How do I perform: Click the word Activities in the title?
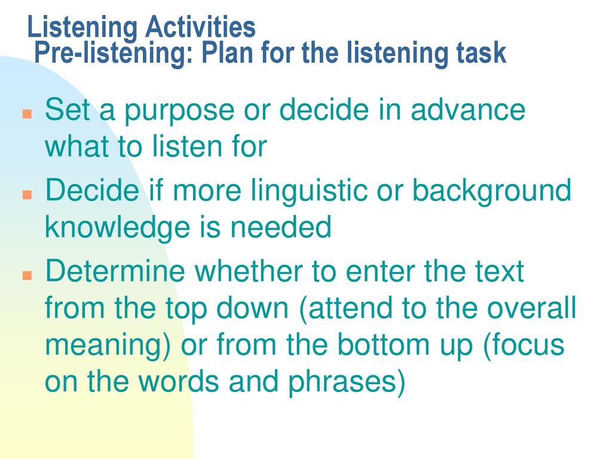tap(200, 27)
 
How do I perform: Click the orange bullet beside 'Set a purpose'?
tap(27, 114)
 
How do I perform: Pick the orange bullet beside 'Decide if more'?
tap(27, 194)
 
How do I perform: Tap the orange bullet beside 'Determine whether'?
tap(27, 275)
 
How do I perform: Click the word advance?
tap(468, 110)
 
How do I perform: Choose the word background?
tap(492, 192)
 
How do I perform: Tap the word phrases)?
tap(347, 383)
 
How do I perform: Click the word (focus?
tap(524, 344)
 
